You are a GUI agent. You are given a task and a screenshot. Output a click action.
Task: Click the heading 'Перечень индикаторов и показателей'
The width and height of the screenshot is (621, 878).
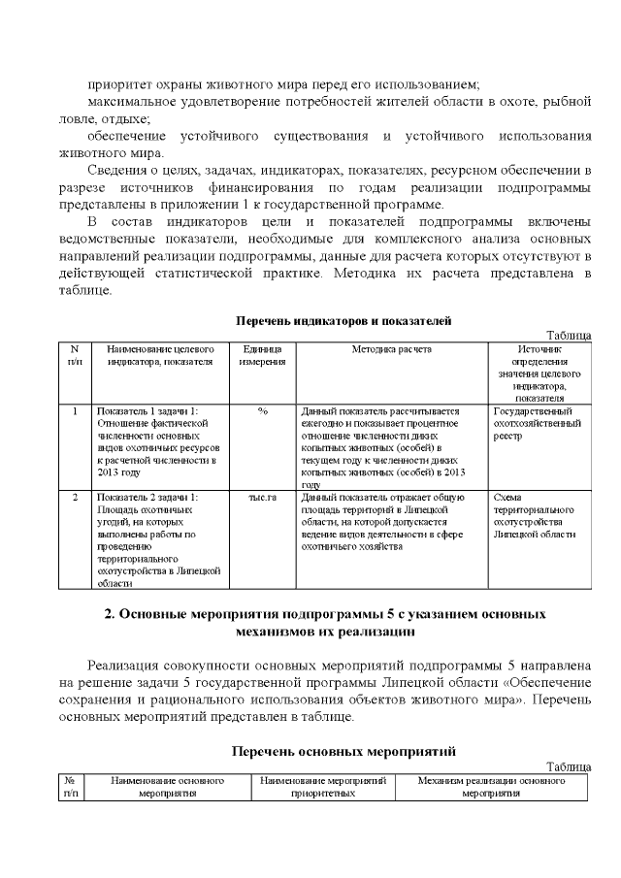click(344, 320)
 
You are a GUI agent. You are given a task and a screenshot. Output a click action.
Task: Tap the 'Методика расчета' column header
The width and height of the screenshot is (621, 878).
click(391, 348)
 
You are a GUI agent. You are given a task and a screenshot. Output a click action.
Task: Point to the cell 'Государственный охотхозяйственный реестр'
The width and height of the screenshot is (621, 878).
click(538, 424)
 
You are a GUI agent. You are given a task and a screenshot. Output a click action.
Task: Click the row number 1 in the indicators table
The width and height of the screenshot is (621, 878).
click(75, 411)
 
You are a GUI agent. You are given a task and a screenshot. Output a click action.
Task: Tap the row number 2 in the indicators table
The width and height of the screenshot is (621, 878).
click(75, 497)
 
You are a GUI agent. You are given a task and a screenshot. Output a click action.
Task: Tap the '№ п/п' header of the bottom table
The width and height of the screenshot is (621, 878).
click(70, 786)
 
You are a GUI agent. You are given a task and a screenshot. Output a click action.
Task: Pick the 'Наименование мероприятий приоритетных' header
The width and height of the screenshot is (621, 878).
click(323, 786)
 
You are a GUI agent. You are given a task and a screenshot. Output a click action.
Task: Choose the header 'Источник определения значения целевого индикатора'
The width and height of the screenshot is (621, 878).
click(539, 373)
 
